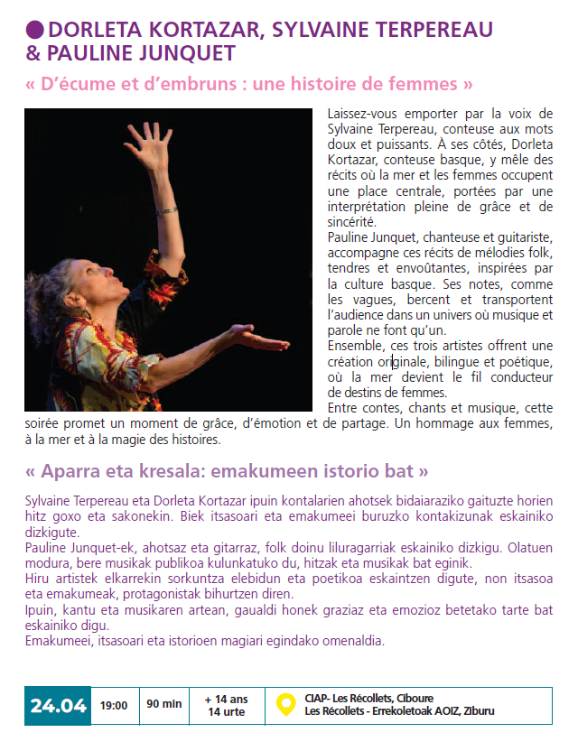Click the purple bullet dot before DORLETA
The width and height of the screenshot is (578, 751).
click(35, 30)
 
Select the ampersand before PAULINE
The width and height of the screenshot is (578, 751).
click(33, 52)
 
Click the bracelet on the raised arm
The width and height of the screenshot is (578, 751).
click(166, 211)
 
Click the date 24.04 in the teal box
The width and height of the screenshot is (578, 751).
click(58, 706)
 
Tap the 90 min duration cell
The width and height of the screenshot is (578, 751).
click(164, 705)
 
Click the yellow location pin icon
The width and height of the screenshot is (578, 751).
click(285, 704)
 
